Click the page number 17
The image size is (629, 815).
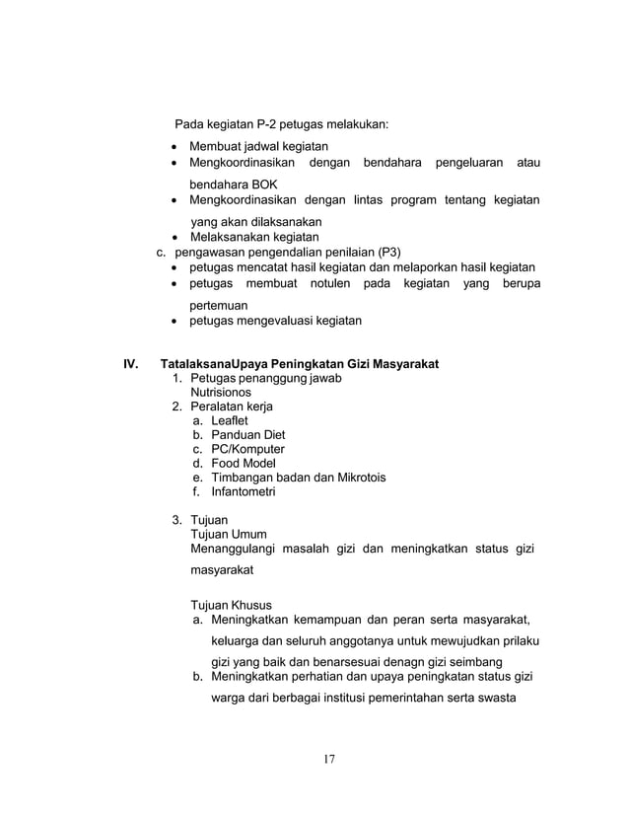[x=329, y=759]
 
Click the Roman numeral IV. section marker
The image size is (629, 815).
[x=130, y=365]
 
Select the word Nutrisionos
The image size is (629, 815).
[x=224, y=392]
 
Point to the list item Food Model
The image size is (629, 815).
[x=243, y=464]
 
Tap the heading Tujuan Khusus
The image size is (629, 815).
[x=232, y=605]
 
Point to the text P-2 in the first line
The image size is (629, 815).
[x=266, y=125]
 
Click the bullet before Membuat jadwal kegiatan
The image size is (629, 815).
[x=175, y=147]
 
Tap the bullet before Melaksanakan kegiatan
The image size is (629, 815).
[x=175, y=238]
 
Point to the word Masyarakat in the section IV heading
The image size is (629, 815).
[x=402, y=365]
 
